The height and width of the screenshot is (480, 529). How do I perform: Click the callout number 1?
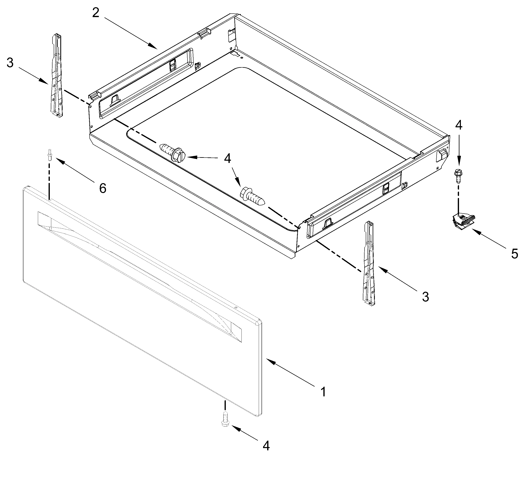pos(323,392)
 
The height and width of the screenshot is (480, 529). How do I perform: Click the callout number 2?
pos(96,12)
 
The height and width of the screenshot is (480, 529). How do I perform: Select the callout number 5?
pos(515,254)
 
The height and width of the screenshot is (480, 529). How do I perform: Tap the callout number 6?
pos(103,188)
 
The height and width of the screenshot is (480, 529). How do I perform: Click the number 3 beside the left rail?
pos(10,63)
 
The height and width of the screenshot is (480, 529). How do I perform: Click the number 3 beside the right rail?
pos(425,297)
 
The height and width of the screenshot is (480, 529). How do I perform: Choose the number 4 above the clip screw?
pos(458,125)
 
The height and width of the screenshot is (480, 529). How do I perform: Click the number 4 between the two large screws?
pos(227,159)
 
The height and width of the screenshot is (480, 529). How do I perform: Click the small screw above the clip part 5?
pos(458,176)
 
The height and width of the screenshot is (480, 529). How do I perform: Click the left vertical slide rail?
pos(57,76)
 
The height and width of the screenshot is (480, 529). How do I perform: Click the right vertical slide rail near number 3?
pos(369,264)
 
